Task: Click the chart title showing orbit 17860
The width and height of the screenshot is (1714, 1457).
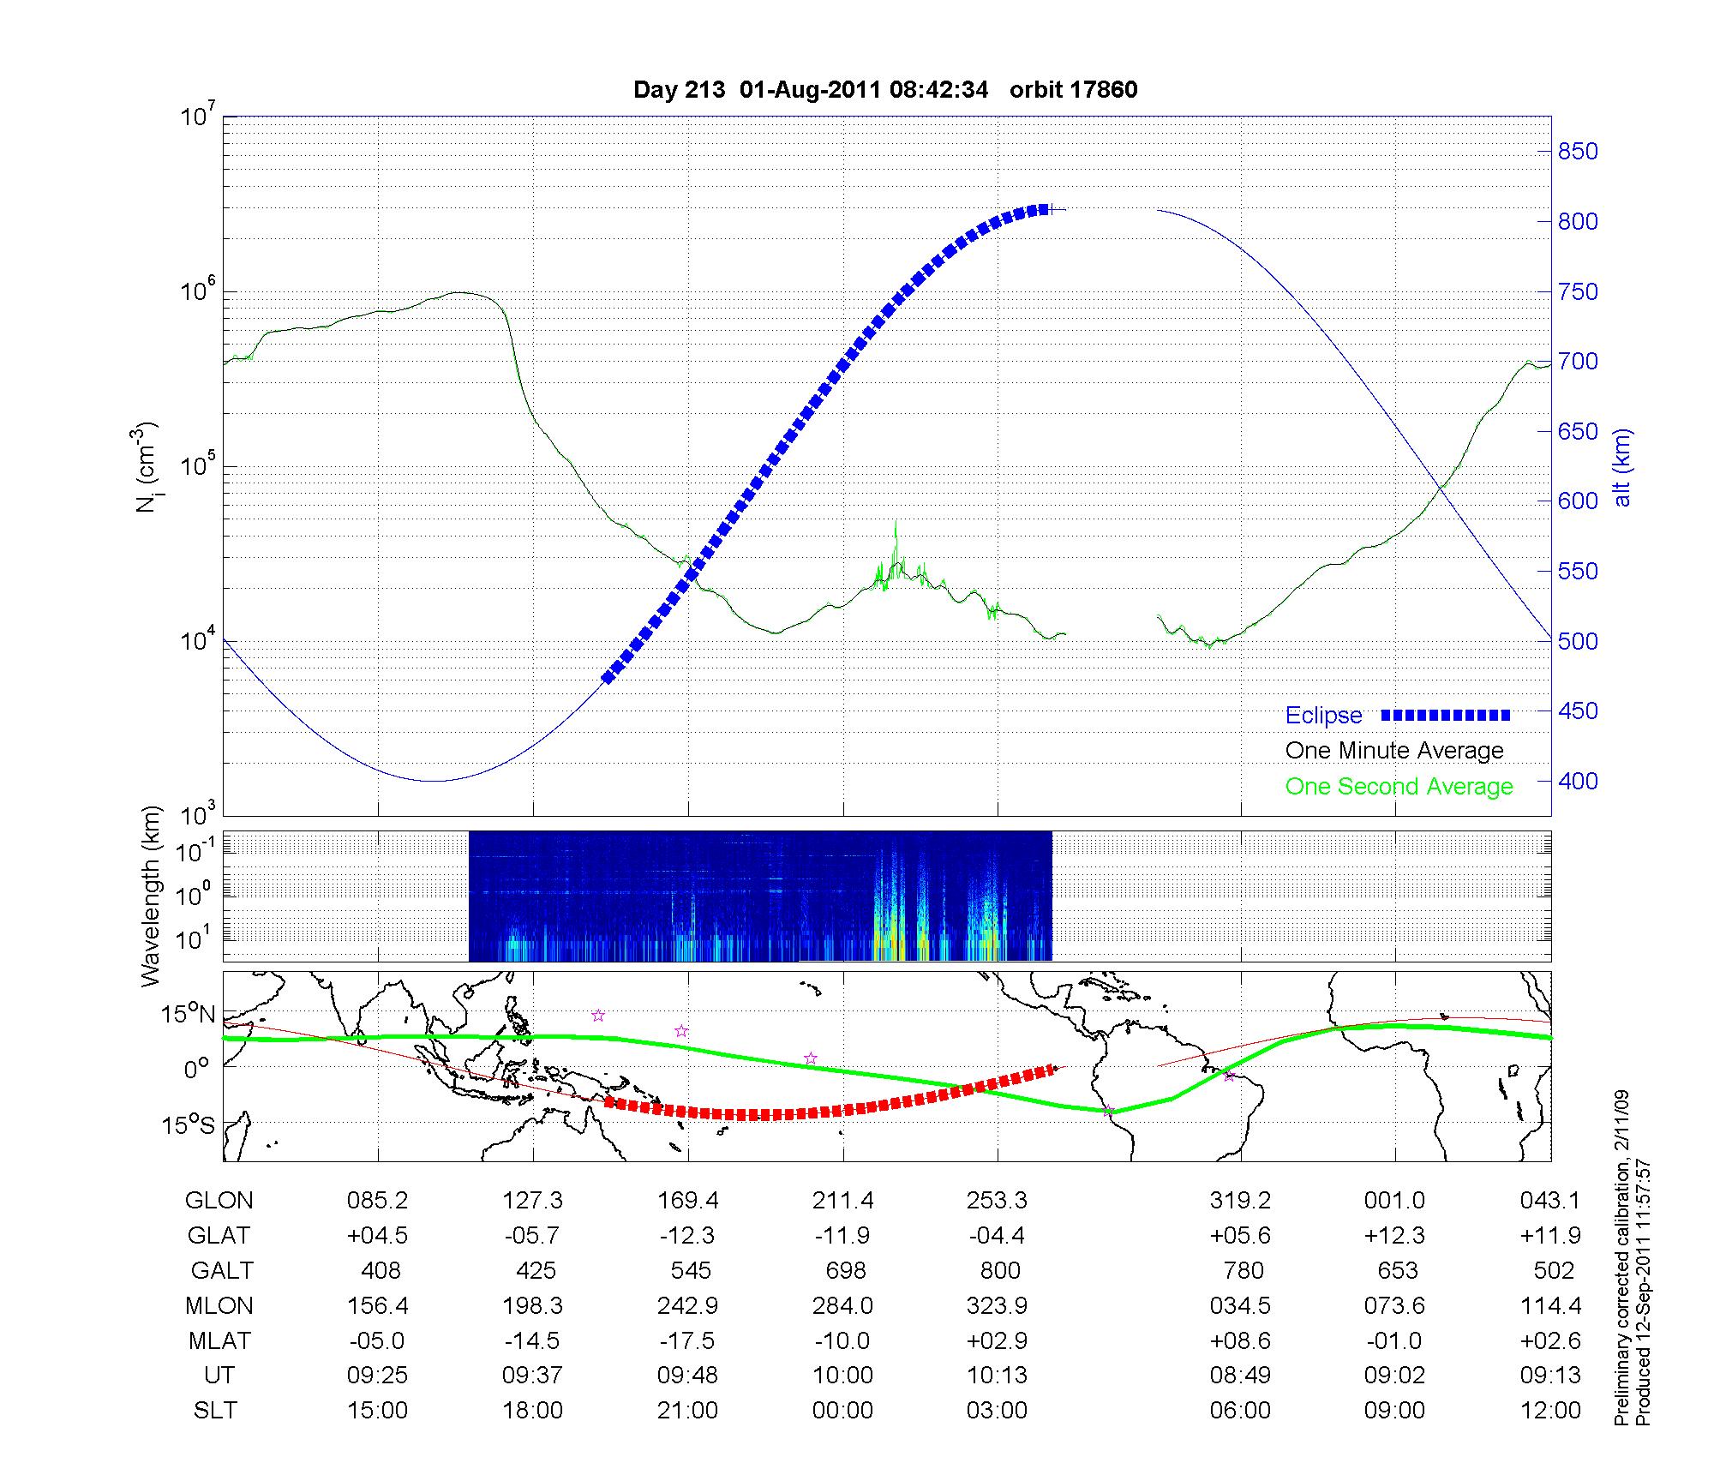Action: tap(885, 90)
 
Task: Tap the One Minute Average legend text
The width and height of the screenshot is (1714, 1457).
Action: tap(1394, 751)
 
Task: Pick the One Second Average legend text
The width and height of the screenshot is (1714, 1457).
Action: tap(1399, 787)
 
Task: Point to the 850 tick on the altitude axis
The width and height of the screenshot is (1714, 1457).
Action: tap(1577, 152)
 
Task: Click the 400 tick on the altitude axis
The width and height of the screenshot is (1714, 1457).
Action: tap(1577, 781)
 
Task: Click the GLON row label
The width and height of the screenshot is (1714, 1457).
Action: tap(219, 1201)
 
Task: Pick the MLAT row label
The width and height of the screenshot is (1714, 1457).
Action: tap(219, 1340)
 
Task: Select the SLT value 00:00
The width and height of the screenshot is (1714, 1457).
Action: tap(842, 1410)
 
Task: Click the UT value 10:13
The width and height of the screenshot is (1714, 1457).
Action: tap(998, 1376)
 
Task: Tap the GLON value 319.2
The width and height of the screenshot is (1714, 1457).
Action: tap(1240, 1201)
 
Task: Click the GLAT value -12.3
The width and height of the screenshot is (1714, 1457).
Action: tap(687, 1235)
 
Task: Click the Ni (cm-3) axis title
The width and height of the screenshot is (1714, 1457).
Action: tap(147, 467)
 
